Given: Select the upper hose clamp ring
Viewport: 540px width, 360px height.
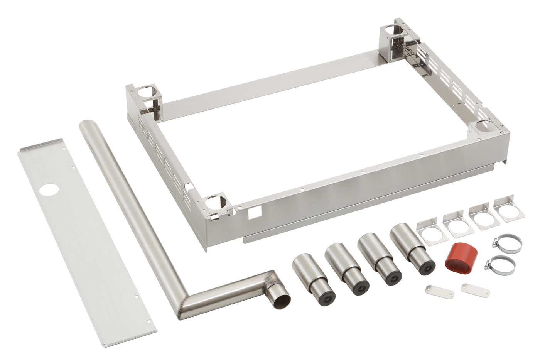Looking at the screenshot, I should [508, 243].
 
